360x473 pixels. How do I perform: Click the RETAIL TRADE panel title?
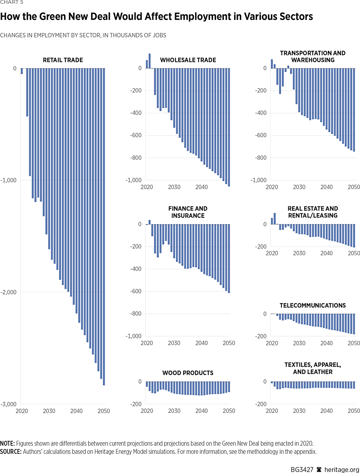63,60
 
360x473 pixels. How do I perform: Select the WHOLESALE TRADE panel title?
188,60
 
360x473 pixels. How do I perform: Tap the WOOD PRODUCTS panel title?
188,373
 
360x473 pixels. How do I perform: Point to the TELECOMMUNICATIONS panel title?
312,305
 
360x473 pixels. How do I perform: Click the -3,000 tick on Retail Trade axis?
9,404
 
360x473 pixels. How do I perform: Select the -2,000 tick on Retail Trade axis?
9,292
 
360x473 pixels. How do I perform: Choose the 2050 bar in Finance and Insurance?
229,258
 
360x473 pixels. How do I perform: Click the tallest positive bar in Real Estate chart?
274,219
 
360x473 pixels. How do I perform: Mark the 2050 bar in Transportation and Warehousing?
354,110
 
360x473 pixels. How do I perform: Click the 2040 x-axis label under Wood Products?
202,411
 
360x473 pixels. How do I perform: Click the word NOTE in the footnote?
7,443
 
